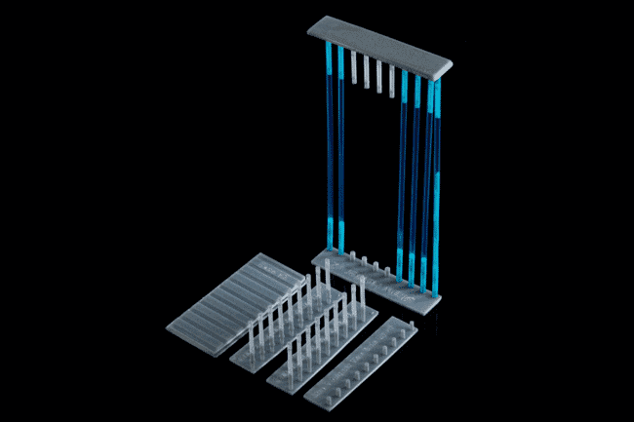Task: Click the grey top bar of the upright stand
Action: tap(380, 47)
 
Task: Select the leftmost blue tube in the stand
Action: tap(329, 146)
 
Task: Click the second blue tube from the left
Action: tap(341, 146)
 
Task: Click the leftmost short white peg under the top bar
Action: tap(353, 67)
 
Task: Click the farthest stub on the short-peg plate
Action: tap(405, 328)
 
